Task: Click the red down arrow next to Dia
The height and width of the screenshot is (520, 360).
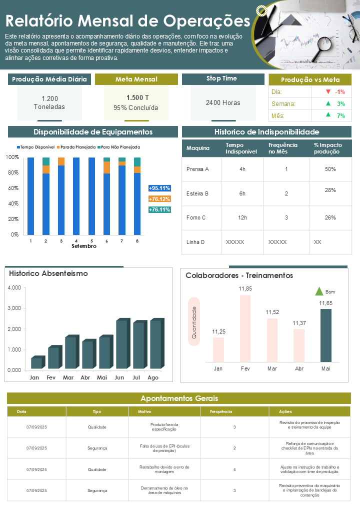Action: click(x=328, y=92)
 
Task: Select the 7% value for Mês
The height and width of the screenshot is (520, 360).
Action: click(x=341, y=115)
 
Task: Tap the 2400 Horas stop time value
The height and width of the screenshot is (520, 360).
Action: click(x=223, y=103)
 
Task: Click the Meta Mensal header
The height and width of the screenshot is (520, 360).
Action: click(x=136, y=79)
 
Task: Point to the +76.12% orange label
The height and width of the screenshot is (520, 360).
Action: click(x=159, y=199)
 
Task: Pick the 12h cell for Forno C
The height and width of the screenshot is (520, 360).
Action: click(x=242, y=217)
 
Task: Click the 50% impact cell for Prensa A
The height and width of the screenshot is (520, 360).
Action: click(x=330, y=169)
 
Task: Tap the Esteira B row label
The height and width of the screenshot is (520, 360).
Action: click(x=197, y=193)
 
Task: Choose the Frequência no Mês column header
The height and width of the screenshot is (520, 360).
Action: click(x=283, y=148)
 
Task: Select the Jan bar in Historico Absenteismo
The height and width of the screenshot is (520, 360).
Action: click(x=36, y=362)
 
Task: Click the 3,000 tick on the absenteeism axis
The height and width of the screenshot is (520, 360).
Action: click(x=14, y=308)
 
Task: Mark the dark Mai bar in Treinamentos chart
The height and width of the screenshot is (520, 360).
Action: click(x=325, y=335)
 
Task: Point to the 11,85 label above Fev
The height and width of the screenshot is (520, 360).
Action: click(x=245, y=288)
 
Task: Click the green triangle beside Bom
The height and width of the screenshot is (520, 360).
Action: click(x=319, y=291)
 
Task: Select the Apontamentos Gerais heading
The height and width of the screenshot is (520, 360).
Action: click(x=179, y=398)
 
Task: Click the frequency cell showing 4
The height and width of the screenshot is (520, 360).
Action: click(x=234, y=469)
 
